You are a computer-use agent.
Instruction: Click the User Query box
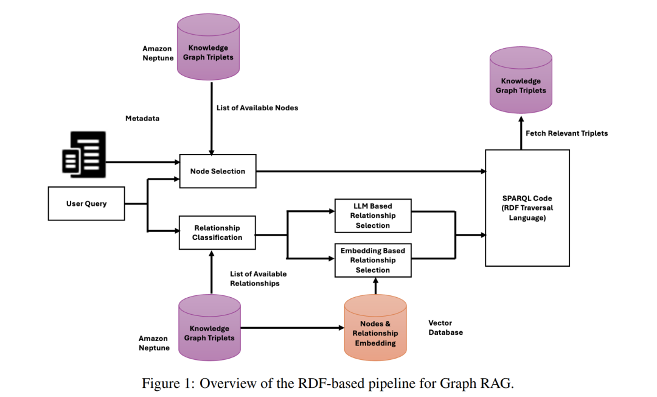(86, 203)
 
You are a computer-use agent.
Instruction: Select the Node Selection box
(217, 171)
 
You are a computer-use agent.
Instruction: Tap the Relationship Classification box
(217, 233)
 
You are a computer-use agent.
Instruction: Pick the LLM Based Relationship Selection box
(372, 216)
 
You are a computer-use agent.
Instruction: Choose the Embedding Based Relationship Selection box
(372, 260)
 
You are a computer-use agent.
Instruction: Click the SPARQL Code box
(527, 208)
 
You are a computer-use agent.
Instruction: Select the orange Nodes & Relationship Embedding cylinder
(375, 328)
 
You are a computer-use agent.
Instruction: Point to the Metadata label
(142, 118)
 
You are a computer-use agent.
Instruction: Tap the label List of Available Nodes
(257, 108)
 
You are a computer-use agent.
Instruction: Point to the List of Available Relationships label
(259, 278)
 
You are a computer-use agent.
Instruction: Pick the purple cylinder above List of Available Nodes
(209, 49)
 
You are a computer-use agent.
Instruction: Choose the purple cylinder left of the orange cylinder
(209, 328)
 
